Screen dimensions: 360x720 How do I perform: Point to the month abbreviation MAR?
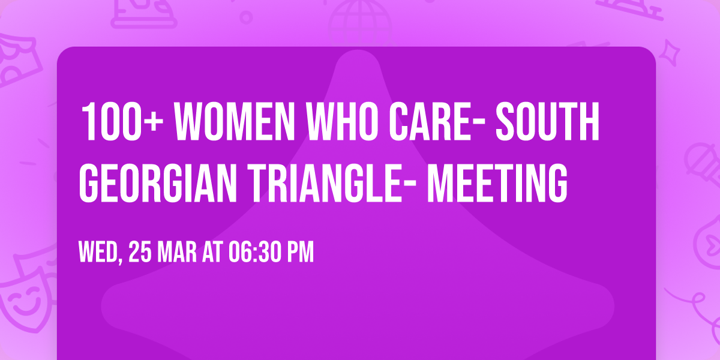[x=179, y=253]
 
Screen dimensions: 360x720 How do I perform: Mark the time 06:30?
[x=253, y=253]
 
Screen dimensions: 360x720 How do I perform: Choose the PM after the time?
[x=299, y=253]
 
